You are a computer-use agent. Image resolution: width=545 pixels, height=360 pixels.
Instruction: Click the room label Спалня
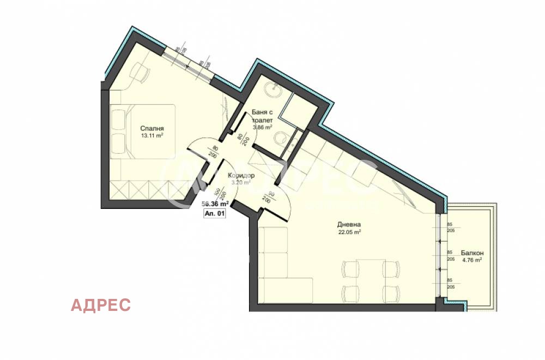click(x=152, y=129)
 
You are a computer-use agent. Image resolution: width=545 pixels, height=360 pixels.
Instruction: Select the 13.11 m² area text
click(x=152, y=136)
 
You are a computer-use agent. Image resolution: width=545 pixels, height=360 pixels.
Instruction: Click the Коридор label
click(x=240, y=176)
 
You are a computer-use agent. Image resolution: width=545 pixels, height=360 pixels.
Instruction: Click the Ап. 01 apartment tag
click(x=214, y=214)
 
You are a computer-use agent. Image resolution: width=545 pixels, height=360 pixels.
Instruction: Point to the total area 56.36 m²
click(x=215, y=204)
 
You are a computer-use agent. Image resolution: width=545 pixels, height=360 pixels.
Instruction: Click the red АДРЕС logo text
click(x=101, y=305)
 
